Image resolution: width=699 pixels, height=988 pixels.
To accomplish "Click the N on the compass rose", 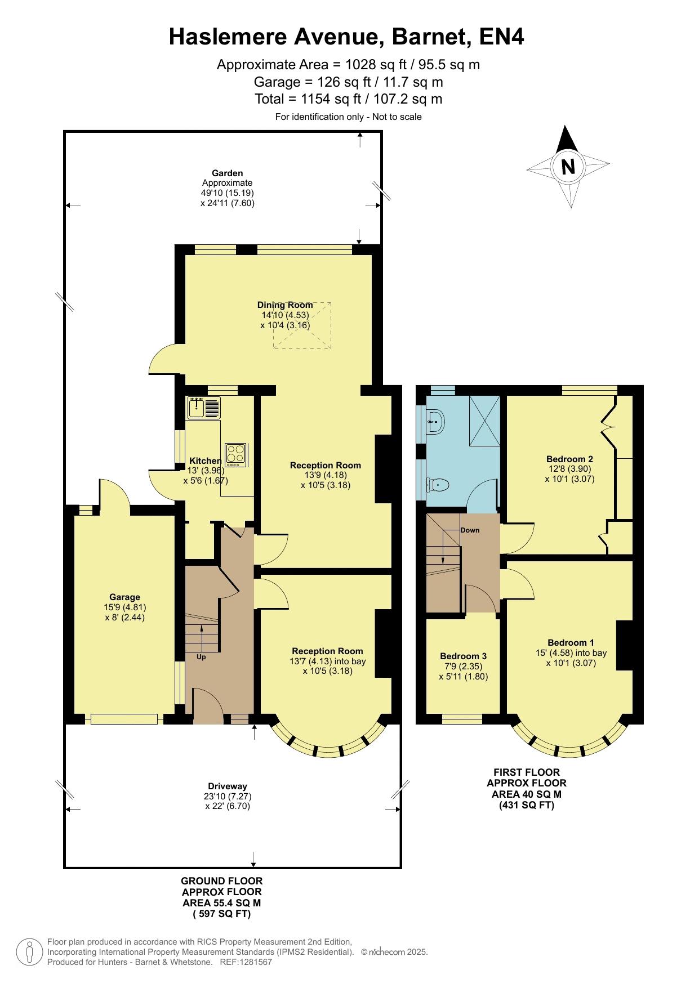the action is pyautogui.click(x=568, y=167).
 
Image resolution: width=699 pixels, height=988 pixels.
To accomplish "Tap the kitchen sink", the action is pyautogui.click(x=204, y=408).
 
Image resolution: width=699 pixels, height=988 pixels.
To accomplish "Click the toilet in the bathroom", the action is pyautogui.click(x=438, y=484).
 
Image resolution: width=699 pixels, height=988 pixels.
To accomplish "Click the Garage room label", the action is pyautogui.click(x=124, y=597).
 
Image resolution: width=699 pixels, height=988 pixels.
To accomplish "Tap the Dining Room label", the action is pyautogui.click(x=285, y=305).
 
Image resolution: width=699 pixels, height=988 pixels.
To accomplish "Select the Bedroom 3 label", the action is pyautogui.click(x=463, y=656).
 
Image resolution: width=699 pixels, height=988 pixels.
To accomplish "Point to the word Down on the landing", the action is pyautogui.click(x=470, y=530).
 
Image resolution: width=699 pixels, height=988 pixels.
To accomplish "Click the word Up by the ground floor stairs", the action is pyautogui.click(x=201, y=657).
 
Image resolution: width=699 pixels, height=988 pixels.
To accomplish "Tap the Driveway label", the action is pyautogui.click(x=228, y=786).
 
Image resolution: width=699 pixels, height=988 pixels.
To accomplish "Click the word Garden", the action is pyautogui.click(x=228, y=173).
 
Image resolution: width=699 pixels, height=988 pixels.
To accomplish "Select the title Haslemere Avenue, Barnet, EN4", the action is pyautogui.click(x=347, y=37).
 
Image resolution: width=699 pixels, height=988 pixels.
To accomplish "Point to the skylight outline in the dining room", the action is pyautogui.click(x=302, y=326).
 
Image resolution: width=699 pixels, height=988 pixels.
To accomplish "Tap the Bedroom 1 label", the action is pyautogui.click(x=571, y=642).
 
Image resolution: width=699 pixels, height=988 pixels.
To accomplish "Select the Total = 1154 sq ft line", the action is pyautogui.click(x=349, y=99).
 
